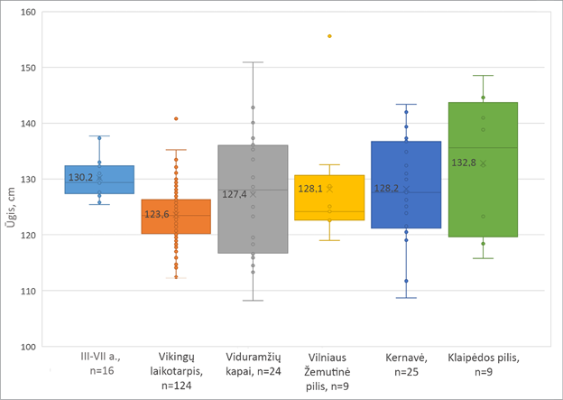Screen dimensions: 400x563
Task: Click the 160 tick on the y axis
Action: pos(29,13)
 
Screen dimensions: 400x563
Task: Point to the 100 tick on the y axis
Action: pos(29,347)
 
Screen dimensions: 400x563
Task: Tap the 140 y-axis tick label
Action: pos(29,124)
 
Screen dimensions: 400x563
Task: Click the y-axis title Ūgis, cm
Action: pos(11,180)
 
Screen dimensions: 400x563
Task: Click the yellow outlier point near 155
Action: pos(329,36)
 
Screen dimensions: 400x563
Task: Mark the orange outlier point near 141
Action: pos(176,118)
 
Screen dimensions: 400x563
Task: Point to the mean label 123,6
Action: pos(158,214)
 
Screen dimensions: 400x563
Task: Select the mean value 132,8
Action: pos(465,163)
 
